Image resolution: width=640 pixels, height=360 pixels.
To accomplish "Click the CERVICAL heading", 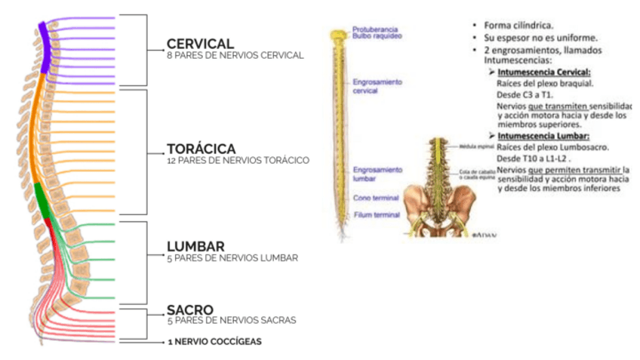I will click(200, 44).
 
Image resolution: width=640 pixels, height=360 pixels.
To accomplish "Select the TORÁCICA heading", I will click(202, 149).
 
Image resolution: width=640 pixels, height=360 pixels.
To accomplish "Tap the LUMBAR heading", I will click(195, 247).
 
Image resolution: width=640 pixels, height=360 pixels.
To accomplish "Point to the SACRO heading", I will click(190, 309).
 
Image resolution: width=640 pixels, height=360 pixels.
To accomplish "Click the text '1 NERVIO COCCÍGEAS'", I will click(214, 343).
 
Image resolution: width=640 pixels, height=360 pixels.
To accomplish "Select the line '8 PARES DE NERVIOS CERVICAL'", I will click(235, 55).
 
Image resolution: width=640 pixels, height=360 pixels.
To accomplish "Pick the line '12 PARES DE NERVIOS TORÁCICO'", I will click(238, 161).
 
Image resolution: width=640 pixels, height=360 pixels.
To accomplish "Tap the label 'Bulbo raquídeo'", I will click(377, 35).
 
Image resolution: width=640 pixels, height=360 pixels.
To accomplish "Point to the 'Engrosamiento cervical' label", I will click(377, 85).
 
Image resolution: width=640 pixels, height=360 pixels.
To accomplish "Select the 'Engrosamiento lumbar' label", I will click(377, 174).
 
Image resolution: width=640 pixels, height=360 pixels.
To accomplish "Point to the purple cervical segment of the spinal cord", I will click(45, 45).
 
